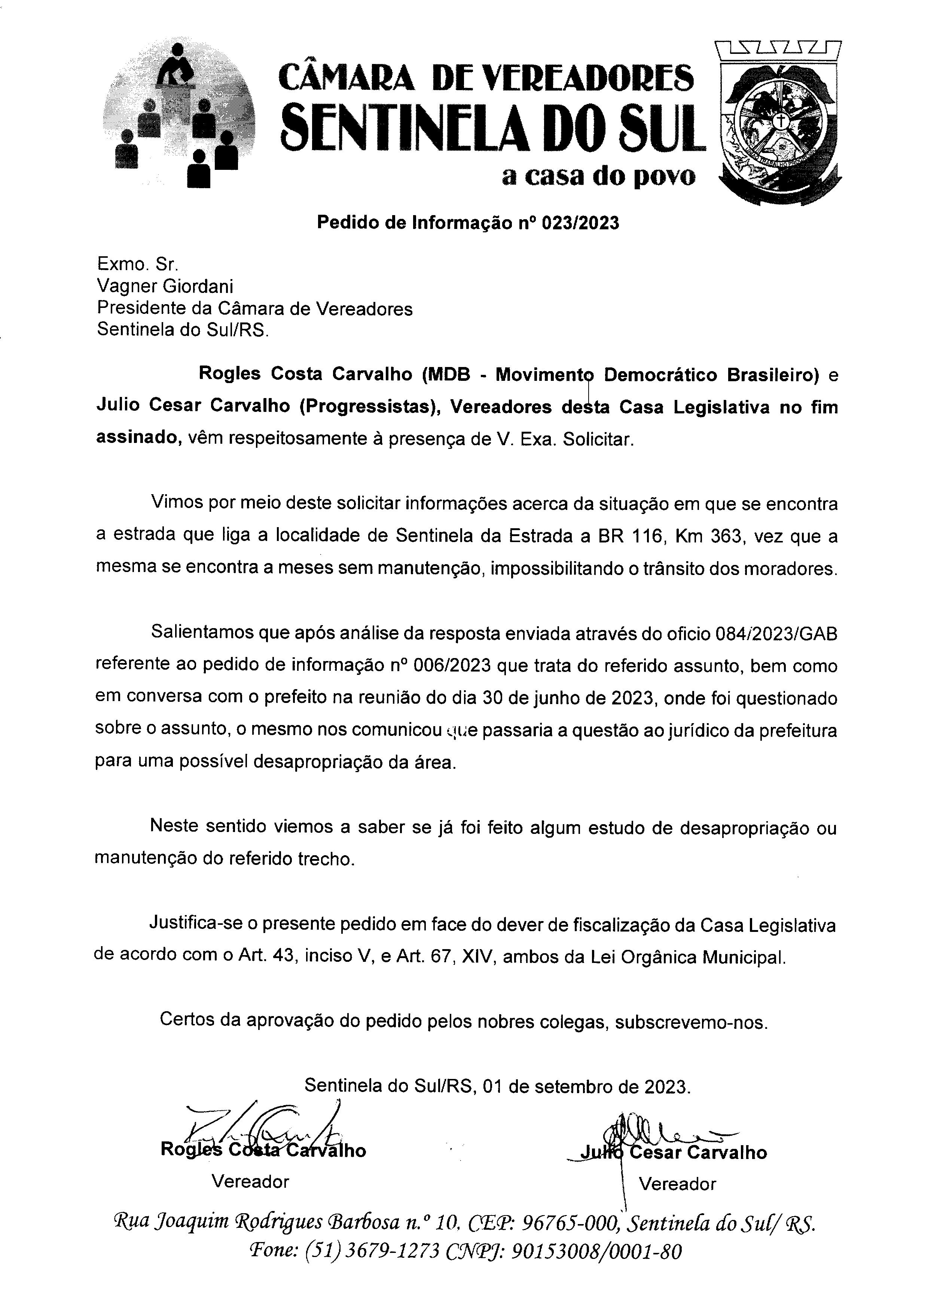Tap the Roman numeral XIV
[x=479, y=957]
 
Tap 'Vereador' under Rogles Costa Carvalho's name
[x=250, y=1181]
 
